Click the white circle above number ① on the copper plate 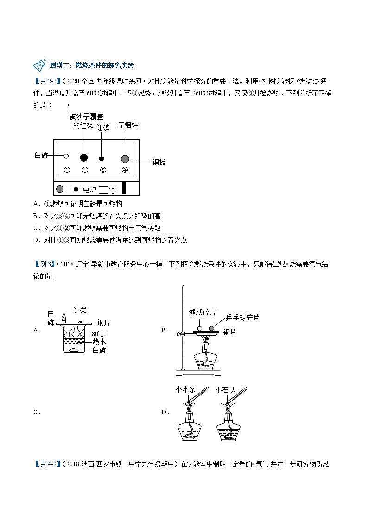point(66,157)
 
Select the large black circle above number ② point(84,157)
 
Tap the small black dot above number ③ point(102,158)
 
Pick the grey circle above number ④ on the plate point(125,158)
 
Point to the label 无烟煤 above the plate point(128,125)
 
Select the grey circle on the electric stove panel point(60,189)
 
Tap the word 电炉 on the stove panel point(89,189)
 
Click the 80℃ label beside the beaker point(98,333)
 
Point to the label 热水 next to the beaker point(99,341)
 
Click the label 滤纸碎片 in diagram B point(203,313)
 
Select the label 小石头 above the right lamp point(226,390)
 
